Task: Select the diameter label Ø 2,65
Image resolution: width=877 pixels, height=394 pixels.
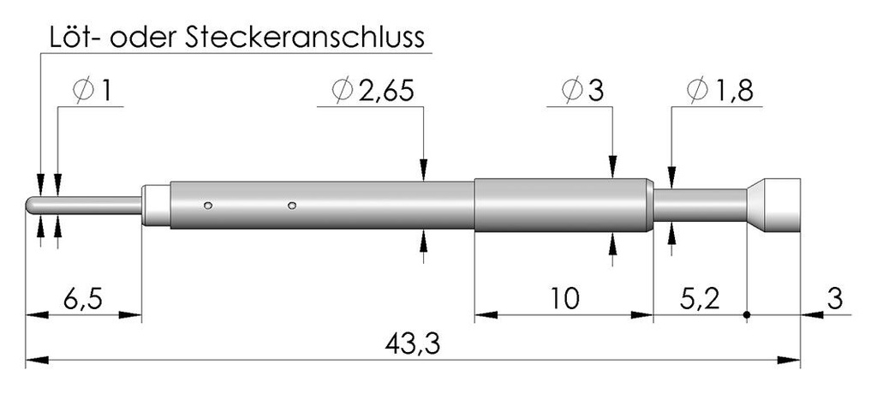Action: [x=373, y=91]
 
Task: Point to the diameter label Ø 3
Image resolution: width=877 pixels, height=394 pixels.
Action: [x=582, y=91]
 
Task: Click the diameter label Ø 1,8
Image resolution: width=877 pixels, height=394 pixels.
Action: [x=719, y=91]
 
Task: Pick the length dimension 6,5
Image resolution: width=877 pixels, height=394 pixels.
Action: [x=81, y=299]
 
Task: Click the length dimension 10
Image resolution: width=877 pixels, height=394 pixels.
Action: [x=564, y=299]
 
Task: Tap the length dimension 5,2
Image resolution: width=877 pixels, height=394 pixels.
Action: [x=699, y=299]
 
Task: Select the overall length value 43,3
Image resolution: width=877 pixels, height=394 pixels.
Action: [x=413, y=344]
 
